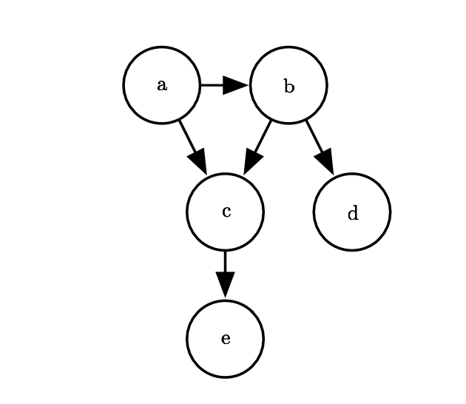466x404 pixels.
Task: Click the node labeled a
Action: point(161,85)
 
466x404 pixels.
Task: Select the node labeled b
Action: point(288,85)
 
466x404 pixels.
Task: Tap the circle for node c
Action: point(225,212)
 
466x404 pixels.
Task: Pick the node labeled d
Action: point(352,212)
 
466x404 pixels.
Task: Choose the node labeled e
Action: point(225,339)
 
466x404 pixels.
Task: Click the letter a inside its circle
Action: point(161,86)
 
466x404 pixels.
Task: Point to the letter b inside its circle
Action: point(288,87)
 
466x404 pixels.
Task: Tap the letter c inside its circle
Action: point(226,212)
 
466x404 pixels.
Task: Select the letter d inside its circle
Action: point(352,215)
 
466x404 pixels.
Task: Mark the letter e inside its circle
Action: point(226,340)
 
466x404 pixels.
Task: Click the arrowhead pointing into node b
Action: point(236,85)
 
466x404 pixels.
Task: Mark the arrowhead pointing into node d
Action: point(325,160)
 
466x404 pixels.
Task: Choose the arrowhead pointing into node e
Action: point(225,286)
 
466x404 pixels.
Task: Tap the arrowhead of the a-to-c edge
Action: point(198,160)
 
